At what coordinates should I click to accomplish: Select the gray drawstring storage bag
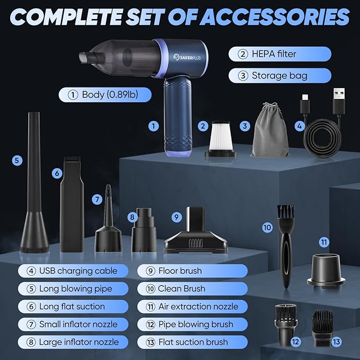tap(271, 131)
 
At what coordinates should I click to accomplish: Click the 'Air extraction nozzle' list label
tap(198, 306)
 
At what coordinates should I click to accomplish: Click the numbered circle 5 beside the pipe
tap(17, 159)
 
